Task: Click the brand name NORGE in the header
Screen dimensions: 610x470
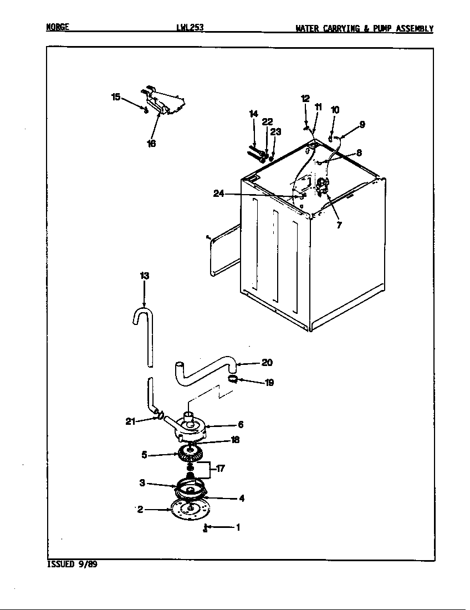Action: (57, 27)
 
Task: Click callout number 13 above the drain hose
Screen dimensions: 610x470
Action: (144, 275)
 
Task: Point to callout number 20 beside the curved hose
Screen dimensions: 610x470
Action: (267, 363)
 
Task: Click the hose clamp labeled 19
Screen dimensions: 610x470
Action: (233, 379)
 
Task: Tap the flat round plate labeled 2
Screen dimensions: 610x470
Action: (190, 509)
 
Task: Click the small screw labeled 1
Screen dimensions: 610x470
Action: (205, 528)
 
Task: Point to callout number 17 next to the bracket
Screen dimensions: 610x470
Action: (220, 469)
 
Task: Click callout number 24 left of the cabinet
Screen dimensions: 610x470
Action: (219, 194)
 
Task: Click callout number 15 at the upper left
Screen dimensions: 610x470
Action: (116, 97)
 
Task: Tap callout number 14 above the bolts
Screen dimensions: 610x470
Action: (253, 114)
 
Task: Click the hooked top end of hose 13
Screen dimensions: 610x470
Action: (139, 315)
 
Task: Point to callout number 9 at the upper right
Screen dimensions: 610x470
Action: (361, 125)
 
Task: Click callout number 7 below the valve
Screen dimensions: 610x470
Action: (339, 225)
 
